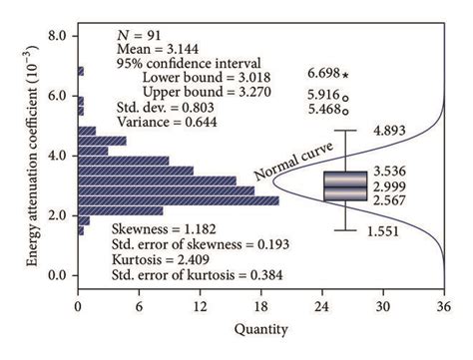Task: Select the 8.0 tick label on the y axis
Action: pos(57,36)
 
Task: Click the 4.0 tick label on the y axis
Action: pos(57,156)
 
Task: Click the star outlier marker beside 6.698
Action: pos(345,74)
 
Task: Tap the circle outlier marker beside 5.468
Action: pos(345,110)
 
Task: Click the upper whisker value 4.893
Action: pos(390,131)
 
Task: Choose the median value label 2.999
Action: pos(390,186)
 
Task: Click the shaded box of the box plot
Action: pos(344,186)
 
